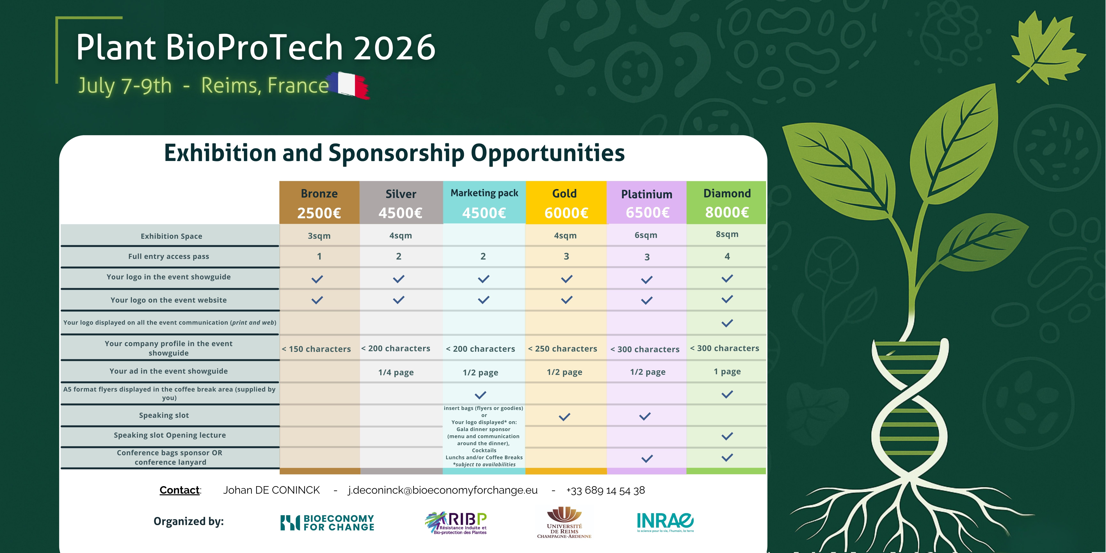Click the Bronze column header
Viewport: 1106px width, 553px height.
click(x=319, y=194)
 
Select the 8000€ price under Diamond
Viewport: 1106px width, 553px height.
click(x=727, y=212)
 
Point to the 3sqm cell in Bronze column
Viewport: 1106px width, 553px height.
click(x=319, y=236)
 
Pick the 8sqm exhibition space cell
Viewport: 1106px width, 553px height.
click(x=727, y=234)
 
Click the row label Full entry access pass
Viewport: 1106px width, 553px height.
click(x=169, y=256)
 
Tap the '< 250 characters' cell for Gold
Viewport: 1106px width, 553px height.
click(x=562, y=349)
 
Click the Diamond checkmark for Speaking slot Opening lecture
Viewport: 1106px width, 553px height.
click(x=727, y=436)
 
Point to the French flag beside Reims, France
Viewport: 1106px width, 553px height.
click(x=349, y=85)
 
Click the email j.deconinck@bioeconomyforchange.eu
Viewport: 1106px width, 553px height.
click(x=443, y=490)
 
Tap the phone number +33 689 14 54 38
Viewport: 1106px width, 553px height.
click(x=605, y=490)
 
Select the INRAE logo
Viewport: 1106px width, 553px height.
click(x=665, y=522)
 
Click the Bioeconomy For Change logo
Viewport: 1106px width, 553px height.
click(x=327, y=522)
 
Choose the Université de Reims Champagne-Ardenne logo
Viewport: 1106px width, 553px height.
click(x=564, y=522)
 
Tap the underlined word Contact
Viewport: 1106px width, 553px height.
click(x=180, y=490)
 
